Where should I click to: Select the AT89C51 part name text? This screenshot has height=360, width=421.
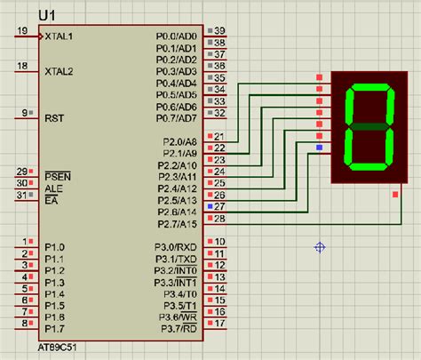(x=58, y=348)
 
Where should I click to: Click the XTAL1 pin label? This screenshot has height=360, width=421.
(x=60, y=36)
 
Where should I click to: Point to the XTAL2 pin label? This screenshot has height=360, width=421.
(x=60, y=70)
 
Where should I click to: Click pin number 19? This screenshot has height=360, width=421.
(x=21, y=32)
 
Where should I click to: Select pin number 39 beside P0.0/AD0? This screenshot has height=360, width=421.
(x=219, y=31)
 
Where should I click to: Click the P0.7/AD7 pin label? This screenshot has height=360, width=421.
(x=176, y=117)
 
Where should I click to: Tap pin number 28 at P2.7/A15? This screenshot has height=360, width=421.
(x=219, y=218)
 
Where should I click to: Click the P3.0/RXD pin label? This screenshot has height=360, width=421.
(x=176, y=247)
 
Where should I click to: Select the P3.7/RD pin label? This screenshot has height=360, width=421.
(x=178, y=328)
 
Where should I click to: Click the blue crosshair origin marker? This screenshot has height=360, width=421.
(x=320, y=247)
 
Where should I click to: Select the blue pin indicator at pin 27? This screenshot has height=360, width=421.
(x=209, y=205)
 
